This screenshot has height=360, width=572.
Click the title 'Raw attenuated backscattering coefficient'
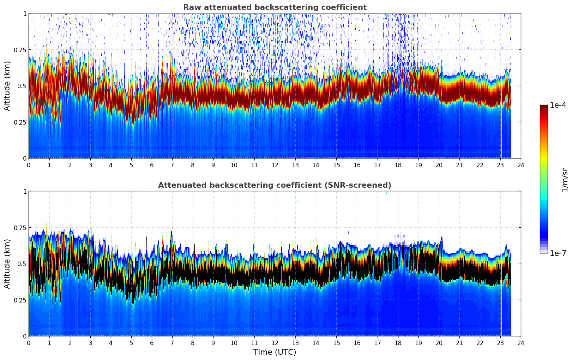[275, 7]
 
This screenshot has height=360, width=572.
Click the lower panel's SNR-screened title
[275, 185]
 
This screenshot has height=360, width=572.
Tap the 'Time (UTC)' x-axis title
[275, 352]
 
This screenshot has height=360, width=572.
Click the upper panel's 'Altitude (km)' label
[7, 86]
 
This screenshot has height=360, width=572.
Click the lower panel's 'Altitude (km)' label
[7, 264]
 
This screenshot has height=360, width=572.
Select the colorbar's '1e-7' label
[558, 253]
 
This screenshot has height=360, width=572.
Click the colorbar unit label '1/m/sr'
[565, 179]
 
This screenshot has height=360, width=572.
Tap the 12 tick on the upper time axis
[275, 165]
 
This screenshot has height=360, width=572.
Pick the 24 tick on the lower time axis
[521, 343]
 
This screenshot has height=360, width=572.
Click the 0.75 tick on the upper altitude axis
[20, 50]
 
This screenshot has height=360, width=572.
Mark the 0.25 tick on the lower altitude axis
[20, 300]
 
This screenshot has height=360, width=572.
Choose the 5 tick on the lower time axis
[131, 343]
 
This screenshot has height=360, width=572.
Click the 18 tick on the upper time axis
[398, 165]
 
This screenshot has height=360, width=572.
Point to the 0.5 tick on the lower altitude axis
[22, 264]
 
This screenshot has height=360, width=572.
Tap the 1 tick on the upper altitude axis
[25, 14]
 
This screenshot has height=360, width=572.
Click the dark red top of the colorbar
[543, 108]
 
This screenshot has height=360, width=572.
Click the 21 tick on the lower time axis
[459, 343]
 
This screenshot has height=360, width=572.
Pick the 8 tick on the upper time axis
[193, 165]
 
